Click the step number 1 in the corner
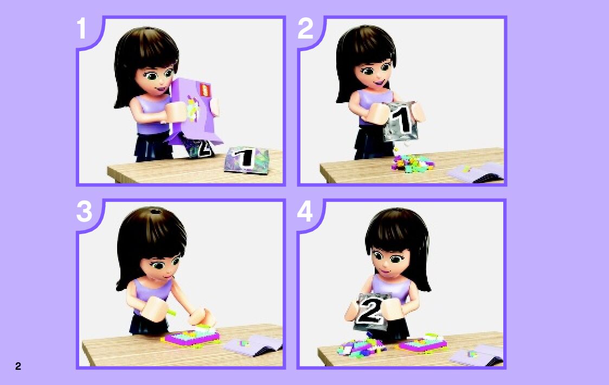click(x=81, y=28)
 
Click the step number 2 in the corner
click(x=305, y=28)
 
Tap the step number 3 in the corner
click(x=84, y=212)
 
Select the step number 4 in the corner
click(x=305, y=212)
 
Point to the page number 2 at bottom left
click(x=18, y=366)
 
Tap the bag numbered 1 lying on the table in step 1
click(x=246, y=159)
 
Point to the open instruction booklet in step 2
click(x=476, y=172)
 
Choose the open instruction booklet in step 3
click(x=253, y=345)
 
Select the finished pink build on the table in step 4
click(x=422, y=343)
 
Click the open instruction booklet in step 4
click(x=476, y=356)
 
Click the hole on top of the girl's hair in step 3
click(x=156, y=212)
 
